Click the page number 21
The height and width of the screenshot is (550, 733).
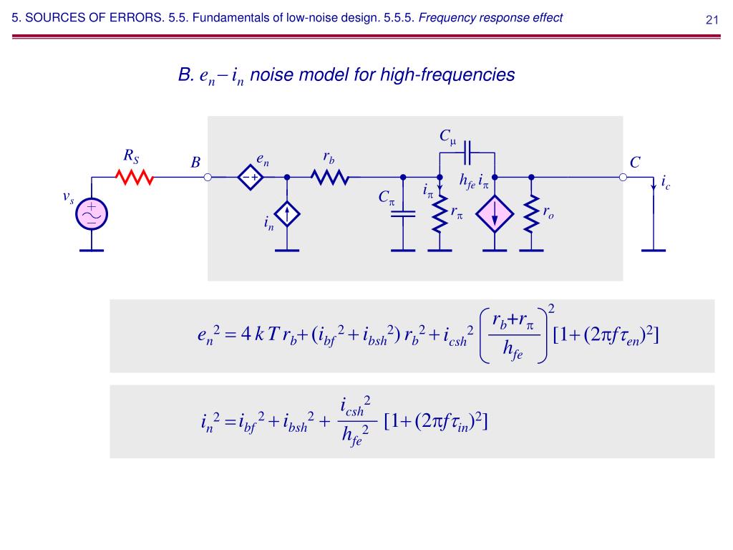point(712,19)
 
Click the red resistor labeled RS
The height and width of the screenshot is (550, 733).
point(135,177)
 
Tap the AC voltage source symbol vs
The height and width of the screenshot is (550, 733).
point(92,213)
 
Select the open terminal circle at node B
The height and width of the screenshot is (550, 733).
point(208,177)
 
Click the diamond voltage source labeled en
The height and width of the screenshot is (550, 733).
point(251,177)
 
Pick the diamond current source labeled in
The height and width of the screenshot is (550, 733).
point(287,214)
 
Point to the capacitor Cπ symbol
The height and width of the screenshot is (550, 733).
point(403,213)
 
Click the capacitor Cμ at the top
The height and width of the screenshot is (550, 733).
point(467,153)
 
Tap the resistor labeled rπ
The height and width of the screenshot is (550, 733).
point(439,213)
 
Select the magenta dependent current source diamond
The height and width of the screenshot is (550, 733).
point(495,213)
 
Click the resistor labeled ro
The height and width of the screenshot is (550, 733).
point(530,213)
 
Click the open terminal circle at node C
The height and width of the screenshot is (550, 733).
point(623,177)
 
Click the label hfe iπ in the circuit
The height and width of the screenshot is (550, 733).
point(473,180)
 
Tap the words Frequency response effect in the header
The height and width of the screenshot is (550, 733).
point(490,19)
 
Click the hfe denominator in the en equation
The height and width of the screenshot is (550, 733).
point(513,352)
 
